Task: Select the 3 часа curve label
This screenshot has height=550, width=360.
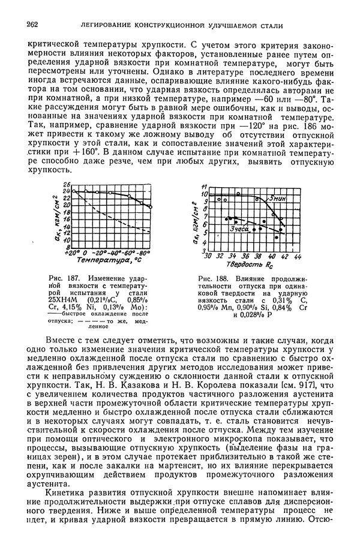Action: (x=239, y=229)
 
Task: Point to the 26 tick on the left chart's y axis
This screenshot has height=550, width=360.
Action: (x=67, y=185)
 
